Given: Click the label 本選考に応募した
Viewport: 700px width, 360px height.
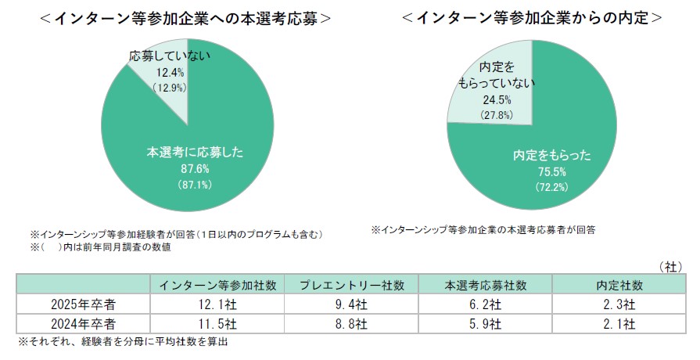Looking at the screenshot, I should (x=187, y=152).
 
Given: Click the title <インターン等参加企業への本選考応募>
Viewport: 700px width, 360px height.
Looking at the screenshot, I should (x=185, y=18).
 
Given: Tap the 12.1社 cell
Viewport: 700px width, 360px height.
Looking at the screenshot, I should (x=217, y=304).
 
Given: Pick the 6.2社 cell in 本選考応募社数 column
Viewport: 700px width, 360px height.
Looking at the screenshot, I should (x=485, y=304).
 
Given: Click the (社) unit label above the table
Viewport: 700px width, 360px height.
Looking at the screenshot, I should (x=672, y=266).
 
